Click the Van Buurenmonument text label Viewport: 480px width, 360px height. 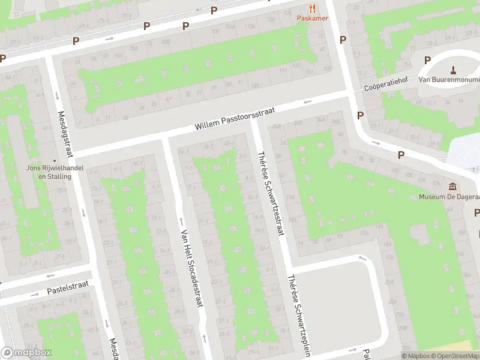pos(449,79)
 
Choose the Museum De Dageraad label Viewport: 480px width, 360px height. pos(449,196)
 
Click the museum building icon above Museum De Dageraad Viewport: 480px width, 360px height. pos(453,186)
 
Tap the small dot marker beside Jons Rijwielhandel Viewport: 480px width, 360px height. pos(55,160)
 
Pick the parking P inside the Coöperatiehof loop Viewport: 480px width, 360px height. pos(427,60)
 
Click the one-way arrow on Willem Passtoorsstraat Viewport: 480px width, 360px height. pos(307,102)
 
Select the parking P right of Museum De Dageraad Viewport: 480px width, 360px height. pos(477,212)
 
